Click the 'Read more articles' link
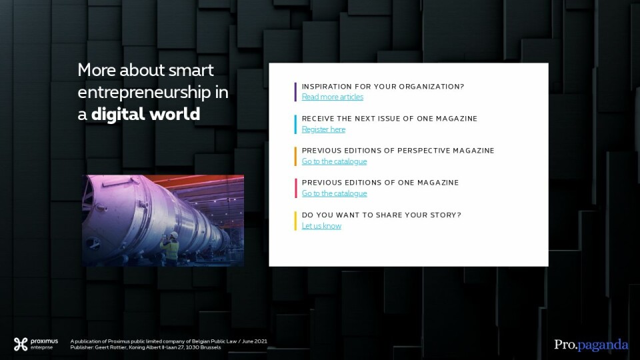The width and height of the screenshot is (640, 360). [332, 97]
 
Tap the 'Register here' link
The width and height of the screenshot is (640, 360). [323, 129]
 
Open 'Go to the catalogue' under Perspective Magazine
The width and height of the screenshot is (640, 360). [334, 161]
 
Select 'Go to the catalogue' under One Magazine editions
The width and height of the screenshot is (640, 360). [334, 193]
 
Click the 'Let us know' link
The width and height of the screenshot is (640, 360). [321, 226]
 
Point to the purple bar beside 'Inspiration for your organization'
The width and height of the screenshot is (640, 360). [295, 92]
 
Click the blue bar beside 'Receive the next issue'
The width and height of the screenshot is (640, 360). [295, 124]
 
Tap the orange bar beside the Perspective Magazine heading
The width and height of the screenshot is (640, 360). [295, 156]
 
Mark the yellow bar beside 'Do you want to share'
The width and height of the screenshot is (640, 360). [295, 221]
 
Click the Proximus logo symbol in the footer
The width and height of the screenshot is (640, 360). [21, 344]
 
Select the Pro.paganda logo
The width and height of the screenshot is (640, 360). [591, 345]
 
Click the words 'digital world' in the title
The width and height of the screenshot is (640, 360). [146, 114]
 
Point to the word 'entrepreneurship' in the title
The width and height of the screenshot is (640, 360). [144, 93]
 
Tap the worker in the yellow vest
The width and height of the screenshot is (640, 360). [171, 248]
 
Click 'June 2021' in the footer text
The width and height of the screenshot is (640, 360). [255, 341]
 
